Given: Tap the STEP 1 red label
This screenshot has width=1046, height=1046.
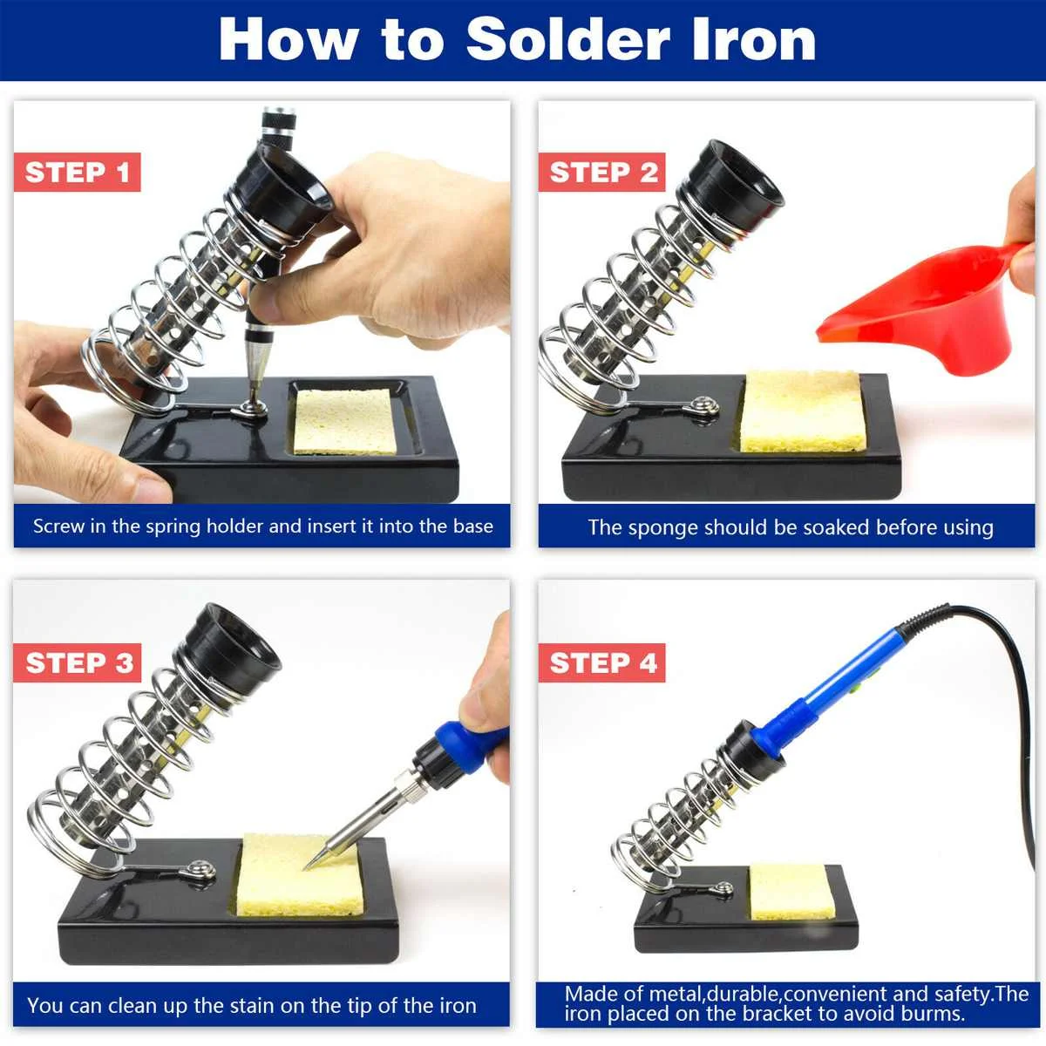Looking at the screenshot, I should click(x=78, y=173).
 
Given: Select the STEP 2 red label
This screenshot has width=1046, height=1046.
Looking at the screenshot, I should click(x=602, y=173).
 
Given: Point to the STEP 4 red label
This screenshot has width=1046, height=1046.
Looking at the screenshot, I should click(x=602, y=663).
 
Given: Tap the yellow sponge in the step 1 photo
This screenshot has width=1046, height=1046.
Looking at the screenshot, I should click(x=343, y=421).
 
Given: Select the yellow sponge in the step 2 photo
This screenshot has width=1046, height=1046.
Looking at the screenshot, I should click(x=803, y=411).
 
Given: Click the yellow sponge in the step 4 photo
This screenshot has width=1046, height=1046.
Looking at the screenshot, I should click(x=791, y=891).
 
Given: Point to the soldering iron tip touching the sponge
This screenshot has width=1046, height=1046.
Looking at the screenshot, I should click(x=310, y=863).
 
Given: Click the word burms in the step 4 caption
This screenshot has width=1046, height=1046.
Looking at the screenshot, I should click(x=934, y=1014).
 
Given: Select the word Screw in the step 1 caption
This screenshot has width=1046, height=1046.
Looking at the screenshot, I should click(x=58, y=526).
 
